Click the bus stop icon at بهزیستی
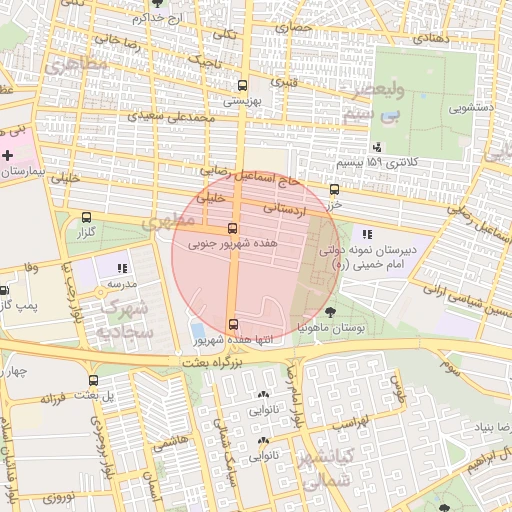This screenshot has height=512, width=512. [241, 85]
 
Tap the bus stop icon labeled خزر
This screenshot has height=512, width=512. [334, 188]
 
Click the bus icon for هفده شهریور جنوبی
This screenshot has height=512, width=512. [233, 227]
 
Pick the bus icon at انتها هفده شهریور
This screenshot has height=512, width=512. [233, 323]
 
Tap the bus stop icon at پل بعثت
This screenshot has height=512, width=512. [94, 380]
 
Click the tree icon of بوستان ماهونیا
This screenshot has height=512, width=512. [331, 314]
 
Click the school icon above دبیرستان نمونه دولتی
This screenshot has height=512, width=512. [367, 234]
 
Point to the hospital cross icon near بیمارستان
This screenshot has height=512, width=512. [8, 155]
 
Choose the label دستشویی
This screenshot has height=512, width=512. [473, 106]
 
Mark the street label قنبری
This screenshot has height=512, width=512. [284, 79]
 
